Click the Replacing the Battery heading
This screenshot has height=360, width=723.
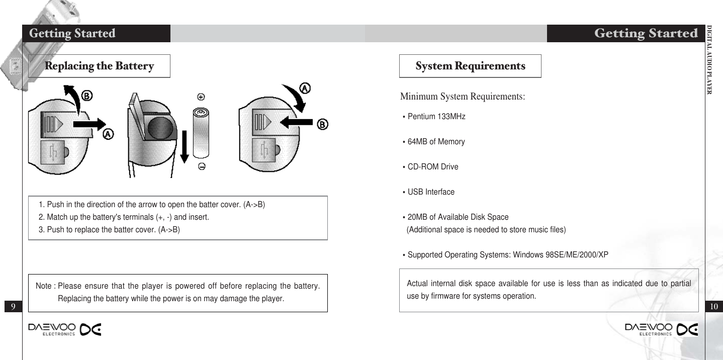pyautogui.click(x=99, y=66)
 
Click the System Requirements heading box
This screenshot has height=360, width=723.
pyautogui.click(x=470, y=66)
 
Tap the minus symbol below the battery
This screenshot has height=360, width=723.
pyautogui.click(x=201, y=168)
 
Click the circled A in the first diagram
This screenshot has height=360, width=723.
pyautogui.click(x=109, y=134)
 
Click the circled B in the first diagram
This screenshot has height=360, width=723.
pyautogui.click(x=86, y=95)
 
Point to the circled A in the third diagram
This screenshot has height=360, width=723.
pyautogui.click(x=304, y=87)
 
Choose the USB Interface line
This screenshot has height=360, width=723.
pyautogui.click(x=430, y=192)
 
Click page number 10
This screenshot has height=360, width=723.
pyautogui.click(x=714, y=306)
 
